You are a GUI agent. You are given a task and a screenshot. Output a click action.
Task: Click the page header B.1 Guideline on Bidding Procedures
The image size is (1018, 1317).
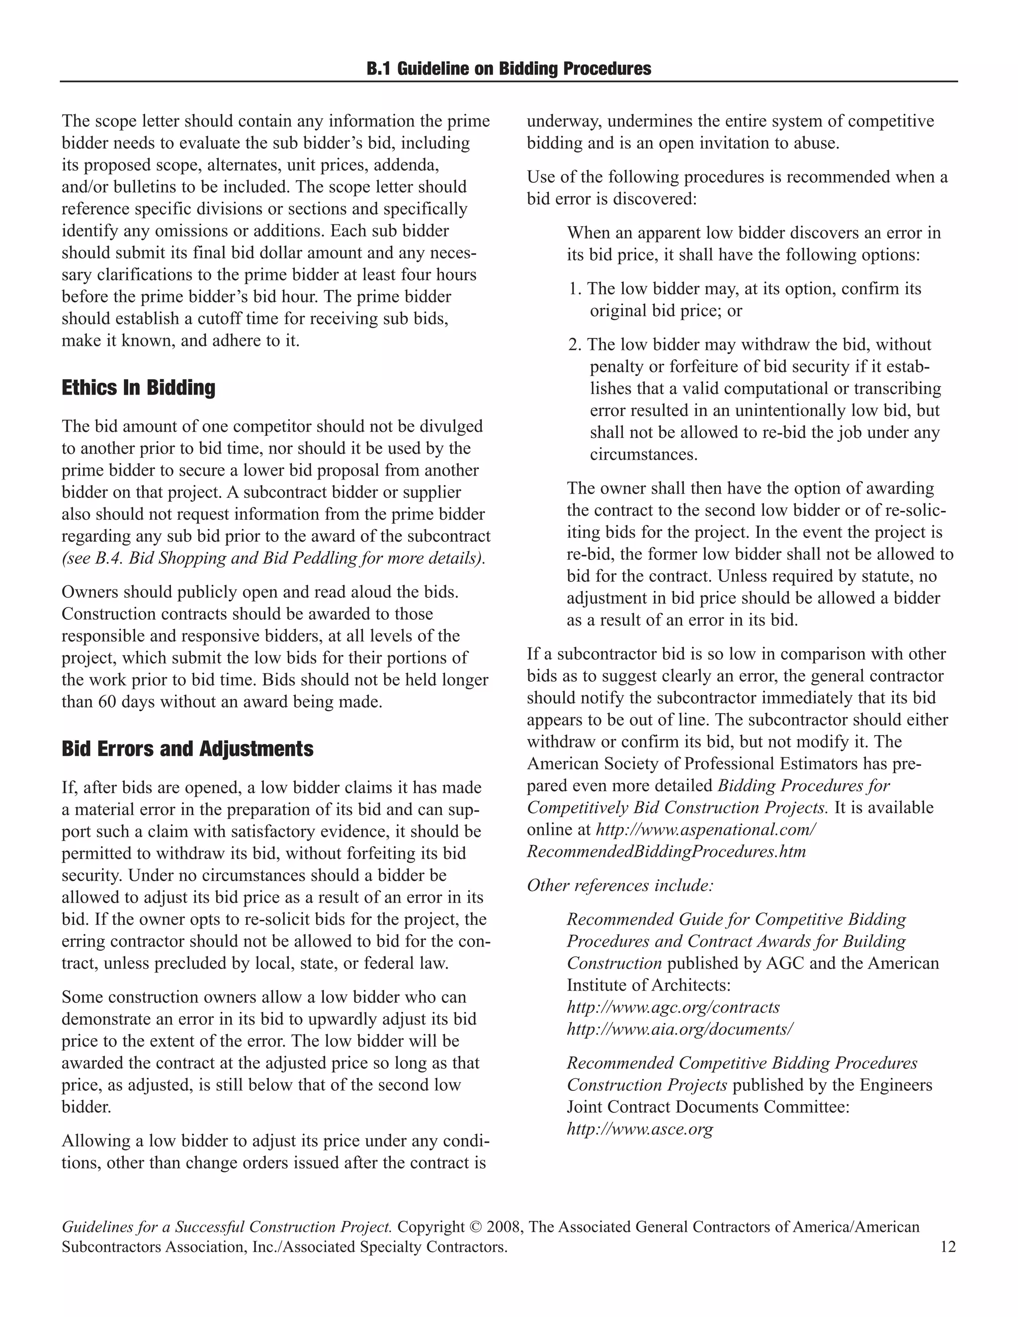coord(509,69)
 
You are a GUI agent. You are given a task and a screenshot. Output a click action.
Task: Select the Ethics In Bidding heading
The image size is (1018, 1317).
coord(138,387)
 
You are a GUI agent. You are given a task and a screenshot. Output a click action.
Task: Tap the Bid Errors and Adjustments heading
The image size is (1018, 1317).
coord(187,749)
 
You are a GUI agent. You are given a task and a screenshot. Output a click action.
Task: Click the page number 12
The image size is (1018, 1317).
coord(947,1246)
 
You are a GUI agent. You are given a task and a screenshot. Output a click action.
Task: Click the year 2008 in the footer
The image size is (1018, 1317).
coord(504,1227)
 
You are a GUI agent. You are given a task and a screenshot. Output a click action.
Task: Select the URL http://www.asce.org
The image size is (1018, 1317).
coord(639,1129)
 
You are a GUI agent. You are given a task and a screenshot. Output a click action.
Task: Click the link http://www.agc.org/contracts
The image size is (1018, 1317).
coord(673,1007)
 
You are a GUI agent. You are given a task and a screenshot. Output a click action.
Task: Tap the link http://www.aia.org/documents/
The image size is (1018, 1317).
coord(679,1029)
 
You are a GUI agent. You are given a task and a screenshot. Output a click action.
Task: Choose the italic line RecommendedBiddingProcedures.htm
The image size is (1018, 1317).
coord(666,851)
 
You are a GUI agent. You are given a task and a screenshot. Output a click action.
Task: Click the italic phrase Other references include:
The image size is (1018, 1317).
coord(620,885)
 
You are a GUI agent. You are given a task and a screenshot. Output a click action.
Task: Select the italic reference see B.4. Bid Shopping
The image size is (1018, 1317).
coord(273,558)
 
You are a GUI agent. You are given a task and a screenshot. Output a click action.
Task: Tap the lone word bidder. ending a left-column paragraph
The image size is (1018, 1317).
coord(86,1107)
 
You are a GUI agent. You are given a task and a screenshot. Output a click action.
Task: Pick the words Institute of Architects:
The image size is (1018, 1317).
coord(648,986)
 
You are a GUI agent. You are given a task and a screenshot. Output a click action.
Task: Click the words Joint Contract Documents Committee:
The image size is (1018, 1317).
coord(707,1107)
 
